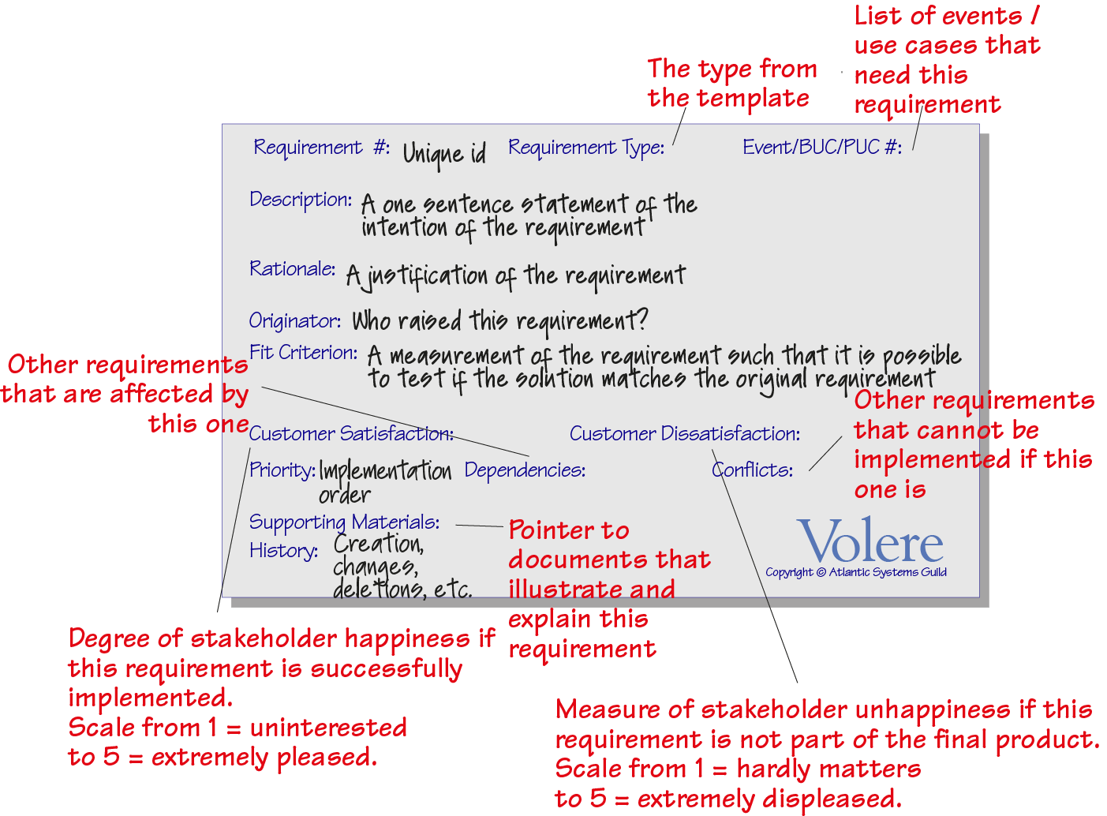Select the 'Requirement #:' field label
tap(322, 148)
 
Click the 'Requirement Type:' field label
tap(586, 148)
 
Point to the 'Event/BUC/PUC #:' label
tap(822, 147)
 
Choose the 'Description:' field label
tap(301, 200)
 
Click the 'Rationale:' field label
tap(293, 269)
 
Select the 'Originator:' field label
tap(295, 321)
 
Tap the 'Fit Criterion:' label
tap(304, 353)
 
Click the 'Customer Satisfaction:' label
tap(351, 433)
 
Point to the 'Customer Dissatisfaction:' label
tap(685, 433)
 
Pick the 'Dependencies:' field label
tap(525, 470)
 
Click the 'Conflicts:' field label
tap(752, 470)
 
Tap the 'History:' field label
tap(284, 551)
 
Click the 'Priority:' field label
tap(282, 470)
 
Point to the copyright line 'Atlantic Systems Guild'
tap(888, 572)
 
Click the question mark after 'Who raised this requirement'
tap(642, 320)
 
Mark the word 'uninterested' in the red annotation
tap(328, 728)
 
